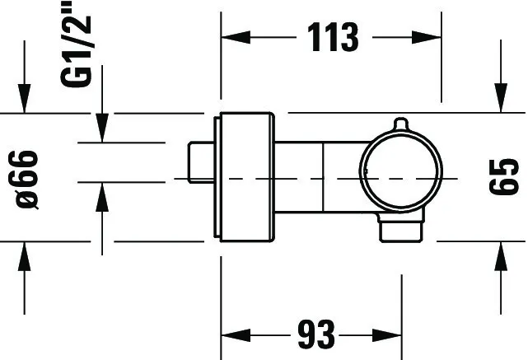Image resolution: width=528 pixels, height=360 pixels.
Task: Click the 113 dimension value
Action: tap(333, 37)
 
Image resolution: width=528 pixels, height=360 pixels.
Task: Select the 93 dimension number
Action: tap(316, 334)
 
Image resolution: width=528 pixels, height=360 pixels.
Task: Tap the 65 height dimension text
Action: tap(504, 176)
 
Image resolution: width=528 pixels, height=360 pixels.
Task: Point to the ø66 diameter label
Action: tap(27, 180)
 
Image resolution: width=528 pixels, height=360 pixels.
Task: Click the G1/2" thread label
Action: tap(76, 44)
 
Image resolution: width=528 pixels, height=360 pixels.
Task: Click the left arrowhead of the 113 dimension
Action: tap(236, 37)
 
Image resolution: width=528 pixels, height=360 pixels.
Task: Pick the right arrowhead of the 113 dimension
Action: tap(427, 37)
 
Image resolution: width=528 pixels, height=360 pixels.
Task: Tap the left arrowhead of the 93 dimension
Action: tap(236, 335)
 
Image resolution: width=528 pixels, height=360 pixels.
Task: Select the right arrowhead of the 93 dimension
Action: tap(387, 335)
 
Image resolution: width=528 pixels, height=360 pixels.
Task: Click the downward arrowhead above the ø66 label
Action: tap(24, 98)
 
